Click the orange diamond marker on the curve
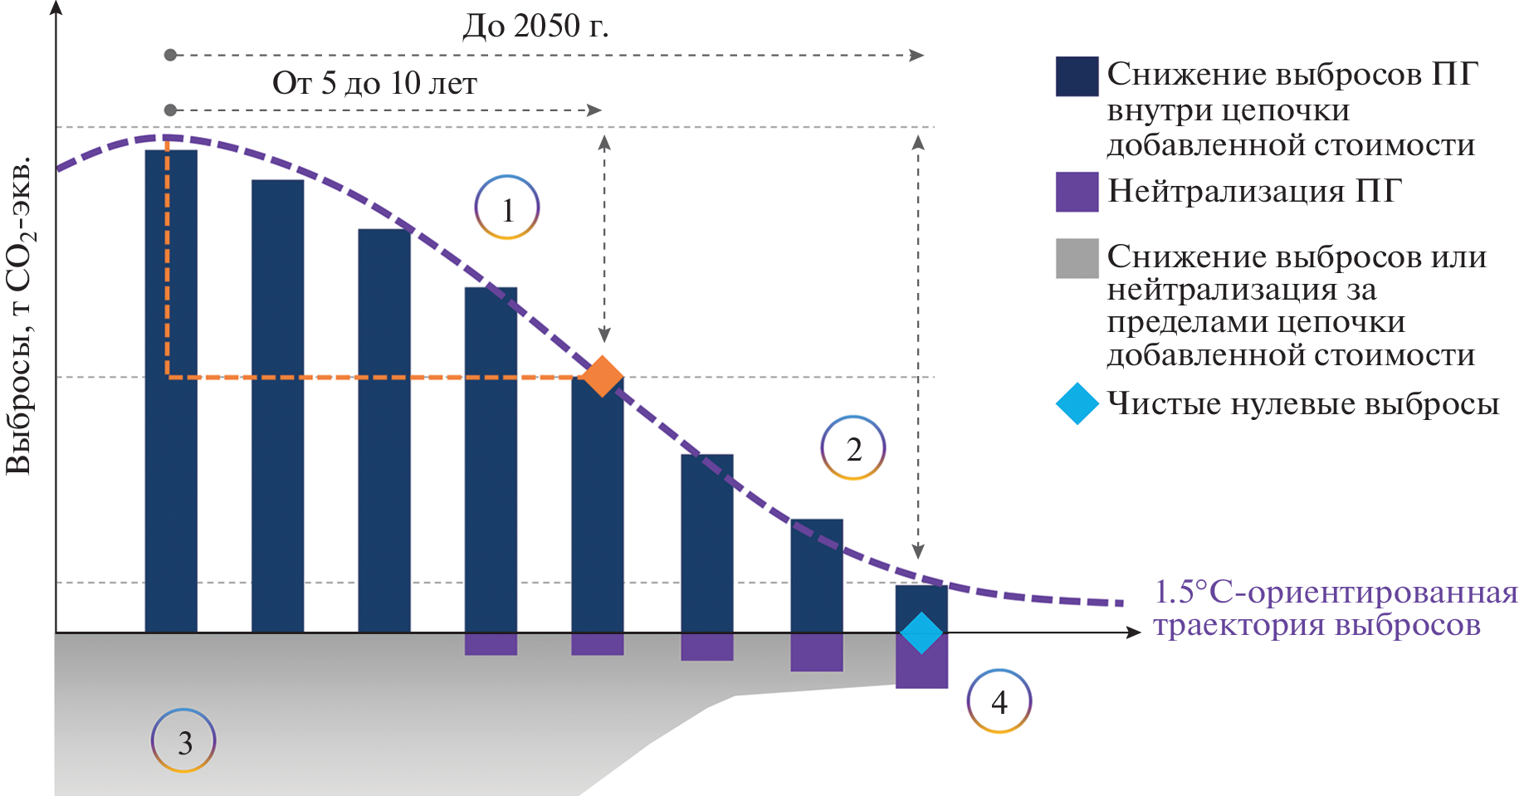click(602, 377)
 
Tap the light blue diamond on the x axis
click(921, 632)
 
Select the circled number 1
click(507, 208)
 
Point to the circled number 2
click(853, 448)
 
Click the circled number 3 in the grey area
click(183, 740)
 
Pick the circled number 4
click(999, 701)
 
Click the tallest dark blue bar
click(171, 390)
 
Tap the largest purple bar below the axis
click(921, 664)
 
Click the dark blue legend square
click(1077, 76)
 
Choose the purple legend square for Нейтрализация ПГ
click(1077, 192)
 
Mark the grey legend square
click(1077, 258)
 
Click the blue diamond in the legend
click(1077, 404)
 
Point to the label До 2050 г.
click(535, 27)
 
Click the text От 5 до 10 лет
click(374, 83)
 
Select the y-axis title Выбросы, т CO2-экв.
click(20, 315)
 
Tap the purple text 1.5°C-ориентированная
click(1335, 593)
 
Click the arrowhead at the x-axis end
click(1135, 632)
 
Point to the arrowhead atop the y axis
click(56, 8)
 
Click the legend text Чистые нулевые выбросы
click(1303, 404)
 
